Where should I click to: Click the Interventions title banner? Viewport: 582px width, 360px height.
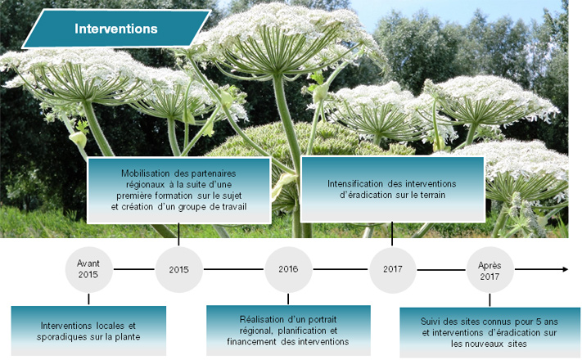click(116, 29)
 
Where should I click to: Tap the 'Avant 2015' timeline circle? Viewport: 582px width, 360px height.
click(88, 270)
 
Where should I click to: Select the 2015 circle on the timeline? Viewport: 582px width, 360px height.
click(179, 269)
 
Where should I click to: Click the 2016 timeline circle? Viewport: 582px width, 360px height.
click(288, 269)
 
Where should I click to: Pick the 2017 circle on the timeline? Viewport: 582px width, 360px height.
click(393, 270)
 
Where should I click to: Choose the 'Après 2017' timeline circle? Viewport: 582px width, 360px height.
click(490, 270)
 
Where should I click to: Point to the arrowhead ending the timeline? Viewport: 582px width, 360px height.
click(566, 269)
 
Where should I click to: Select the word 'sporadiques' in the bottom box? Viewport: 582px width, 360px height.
click(61, 337)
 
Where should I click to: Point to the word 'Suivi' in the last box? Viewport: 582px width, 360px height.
click(431, 322)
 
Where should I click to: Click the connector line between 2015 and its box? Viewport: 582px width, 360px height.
click(178, 235)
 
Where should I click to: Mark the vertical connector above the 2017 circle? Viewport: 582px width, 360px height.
click(392, 234)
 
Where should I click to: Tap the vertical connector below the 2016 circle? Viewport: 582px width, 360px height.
click(288, 299)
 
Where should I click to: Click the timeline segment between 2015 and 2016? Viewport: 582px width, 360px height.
click(234, 269)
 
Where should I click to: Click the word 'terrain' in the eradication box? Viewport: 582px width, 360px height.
click(433, 195)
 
